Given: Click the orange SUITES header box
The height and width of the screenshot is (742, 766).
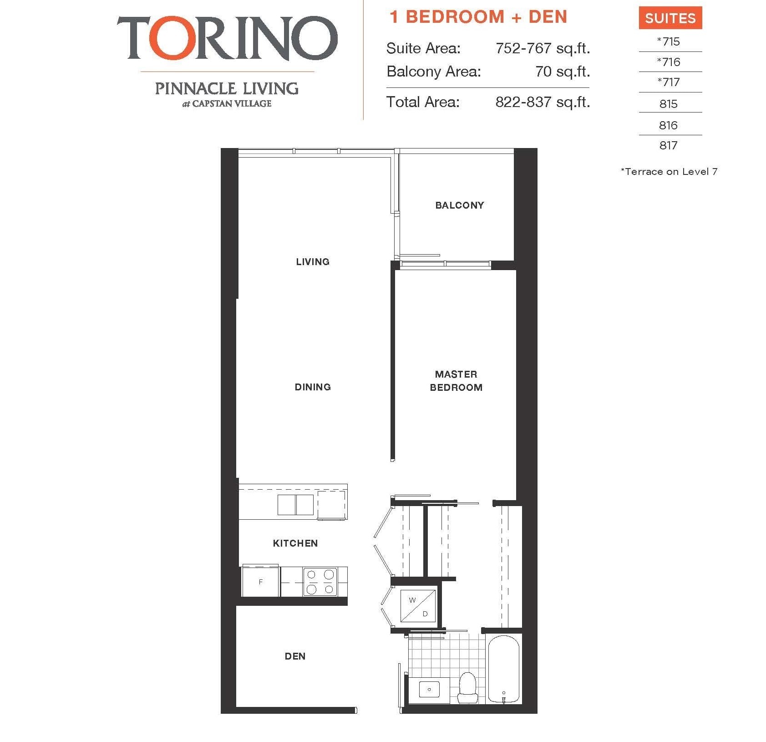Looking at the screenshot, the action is (x=670, y=18).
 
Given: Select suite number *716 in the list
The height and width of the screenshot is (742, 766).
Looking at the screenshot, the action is (x=668, y=62).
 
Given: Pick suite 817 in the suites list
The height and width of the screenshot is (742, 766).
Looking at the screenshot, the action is (x=668, y=145).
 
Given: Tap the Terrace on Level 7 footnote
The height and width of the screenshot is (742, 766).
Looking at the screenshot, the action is (x=669, y=172).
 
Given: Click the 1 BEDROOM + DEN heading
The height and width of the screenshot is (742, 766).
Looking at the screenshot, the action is (x=478, y=17).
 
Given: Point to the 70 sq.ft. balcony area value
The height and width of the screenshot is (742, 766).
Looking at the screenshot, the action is (x=563, y=72).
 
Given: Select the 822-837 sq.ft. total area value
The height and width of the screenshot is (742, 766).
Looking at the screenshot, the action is (x=543, y=102).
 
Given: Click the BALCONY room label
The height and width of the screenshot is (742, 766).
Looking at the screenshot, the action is (x=460, y=205).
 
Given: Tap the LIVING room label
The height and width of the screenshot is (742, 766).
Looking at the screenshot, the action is (x=313, y=262).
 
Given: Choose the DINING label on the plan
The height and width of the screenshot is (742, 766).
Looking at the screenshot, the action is (x=313, y=387).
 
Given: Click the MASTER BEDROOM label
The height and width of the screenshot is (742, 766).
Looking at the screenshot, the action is (x=456, y=381).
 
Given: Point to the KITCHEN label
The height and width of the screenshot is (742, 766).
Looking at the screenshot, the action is (x=295, y=543).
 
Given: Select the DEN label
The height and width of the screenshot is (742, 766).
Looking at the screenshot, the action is (x=295, y=656).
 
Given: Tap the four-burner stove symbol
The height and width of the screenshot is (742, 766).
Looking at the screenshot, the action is (x=320, y=582).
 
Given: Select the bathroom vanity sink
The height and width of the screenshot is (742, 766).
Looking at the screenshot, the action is (x=429, y=690).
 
